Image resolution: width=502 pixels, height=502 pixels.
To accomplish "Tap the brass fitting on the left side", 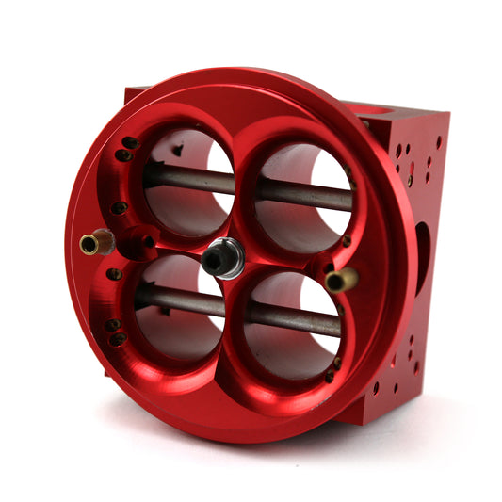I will tap(91, 245).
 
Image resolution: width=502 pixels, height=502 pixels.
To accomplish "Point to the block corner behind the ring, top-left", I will tap(135, 94).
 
